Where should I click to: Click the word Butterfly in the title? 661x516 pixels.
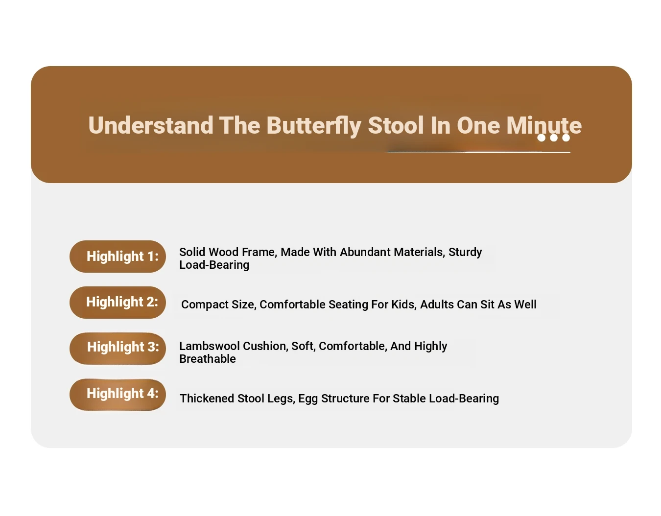(x=314, y=126)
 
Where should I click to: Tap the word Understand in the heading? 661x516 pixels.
(x=151, y=125)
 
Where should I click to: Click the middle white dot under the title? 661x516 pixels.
(x=554, y=138)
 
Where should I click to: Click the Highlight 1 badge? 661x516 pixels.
(x=118, y=257)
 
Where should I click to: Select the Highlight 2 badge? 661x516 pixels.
(x=118, y=302)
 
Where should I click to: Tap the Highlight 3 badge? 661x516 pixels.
(x=118, y=348)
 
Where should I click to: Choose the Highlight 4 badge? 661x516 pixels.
(x=118, y=395)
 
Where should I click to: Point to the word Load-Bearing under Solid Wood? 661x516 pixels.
(x=214, y=265)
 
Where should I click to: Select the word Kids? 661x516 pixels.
(x=403, y=305)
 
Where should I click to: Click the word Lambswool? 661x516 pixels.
(x=209, y=346)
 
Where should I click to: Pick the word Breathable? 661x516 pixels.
(x=208, y=359)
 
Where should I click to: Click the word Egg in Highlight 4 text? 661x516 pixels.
(x=308, y=399)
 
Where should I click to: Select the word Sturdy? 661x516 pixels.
(x=465, y=253)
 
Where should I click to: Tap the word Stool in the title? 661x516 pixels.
(x=396, y=125)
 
